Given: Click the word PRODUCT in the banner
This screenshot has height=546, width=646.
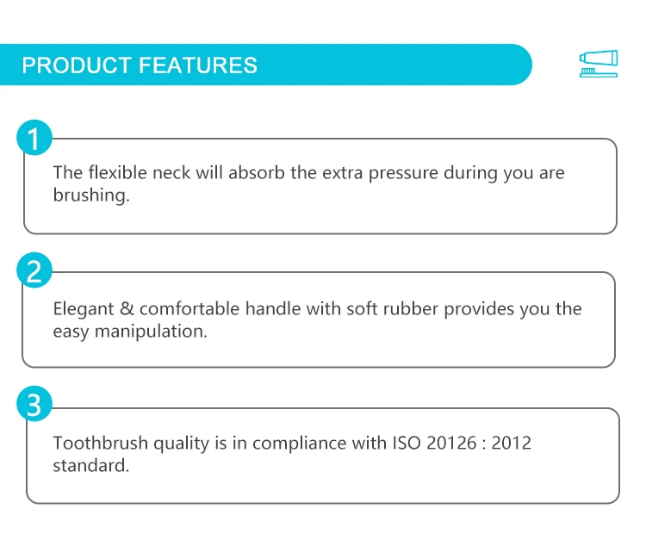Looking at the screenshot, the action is [77, 65].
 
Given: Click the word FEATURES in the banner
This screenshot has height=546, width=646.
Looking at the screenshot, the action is [198, 65].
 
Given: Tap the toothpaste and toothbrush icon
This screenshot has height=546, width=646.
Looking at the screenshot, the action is [599, 64].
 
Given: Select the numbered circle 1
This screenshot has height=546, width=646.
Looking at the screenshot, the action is [34, 138].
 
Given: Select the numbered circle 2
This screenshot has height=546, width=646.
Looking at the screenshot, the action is [34, 270].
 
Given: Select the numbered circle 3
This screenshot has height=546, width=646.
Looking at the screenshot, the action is [34, 404].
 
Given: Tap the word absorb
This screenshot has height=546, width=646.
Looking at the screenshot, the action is [257, 172].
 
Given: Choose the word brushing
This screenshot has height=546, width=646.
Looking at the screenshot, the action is [91, 195].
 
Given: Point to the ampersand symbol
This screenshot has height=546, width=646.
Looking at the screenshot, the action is [127, 308].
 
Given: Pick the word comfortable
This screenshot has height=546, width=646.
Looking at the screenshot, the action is [189, 308].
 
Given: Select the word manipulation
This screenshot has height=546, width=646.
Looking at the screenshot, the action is [151, 332].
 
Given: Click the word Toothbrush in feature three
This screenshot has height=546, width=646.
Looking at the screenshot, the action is [101, 443].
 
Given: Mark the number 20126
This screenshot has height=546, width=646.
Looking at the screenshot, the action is [451, 443].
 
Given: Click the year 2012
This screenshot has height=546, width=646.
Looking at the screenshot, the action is [512, 443].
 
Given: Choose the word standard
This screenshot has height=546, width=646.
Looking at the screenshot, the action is [91, 466].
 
